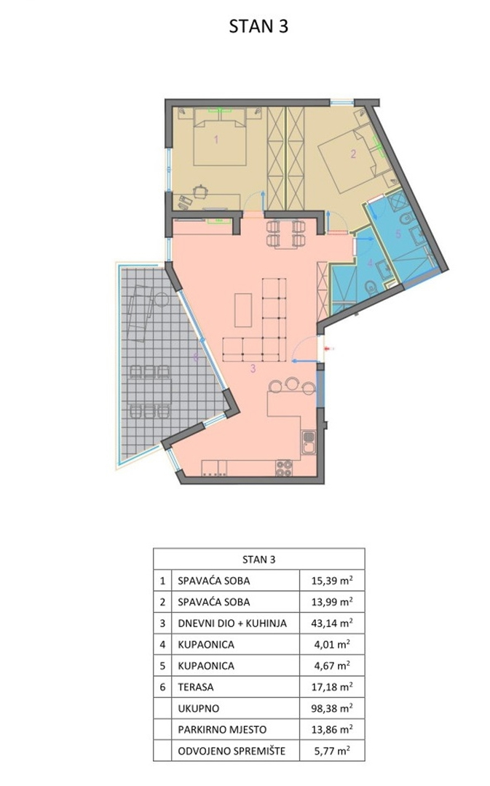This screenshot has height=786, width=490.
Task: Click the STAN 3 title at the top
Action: (x=258, y=26)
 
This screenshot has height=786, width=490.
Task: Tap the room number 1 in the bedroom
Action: (x=217, y=139)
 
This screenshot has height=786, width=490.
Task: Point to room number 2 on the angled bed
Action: (x=353, y=154)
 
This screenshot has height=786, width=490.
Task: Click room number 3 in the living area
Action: (x=253, y=369)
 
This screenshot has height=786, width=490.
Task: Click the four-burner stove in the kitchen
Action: (x=284, y=468)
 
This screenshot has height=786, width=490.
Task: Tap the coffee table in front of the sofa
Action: (x=243, y=310)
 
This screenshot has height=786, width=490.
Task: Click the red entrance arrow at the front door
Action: (x=328, y=348)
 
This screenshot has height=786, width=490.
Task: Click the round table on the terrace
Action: (x=160, y=299)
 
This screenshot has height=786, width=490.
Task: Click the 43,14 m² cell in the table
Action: (x=332, y=623)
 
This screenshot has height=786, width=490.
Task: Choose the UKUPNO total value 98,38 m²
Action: (x=332, y=708)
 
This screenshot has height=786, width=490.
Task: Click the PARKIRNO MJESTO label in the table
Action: (x=222, y=730)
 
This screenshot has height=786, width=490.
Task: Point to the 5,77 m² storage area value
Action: (x=332, y=751)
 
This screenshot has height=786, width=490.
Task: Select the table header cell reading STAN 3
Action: (x=258, y=560)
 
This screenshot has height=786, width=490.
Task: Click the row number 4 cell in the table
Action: (x=162, y=645)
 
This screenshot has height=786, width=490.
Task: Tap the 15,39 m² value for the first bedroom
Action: (x=332, y=581)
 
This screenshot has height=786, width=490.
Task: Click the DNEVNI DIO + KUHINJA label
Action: (x=232, y=624)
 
